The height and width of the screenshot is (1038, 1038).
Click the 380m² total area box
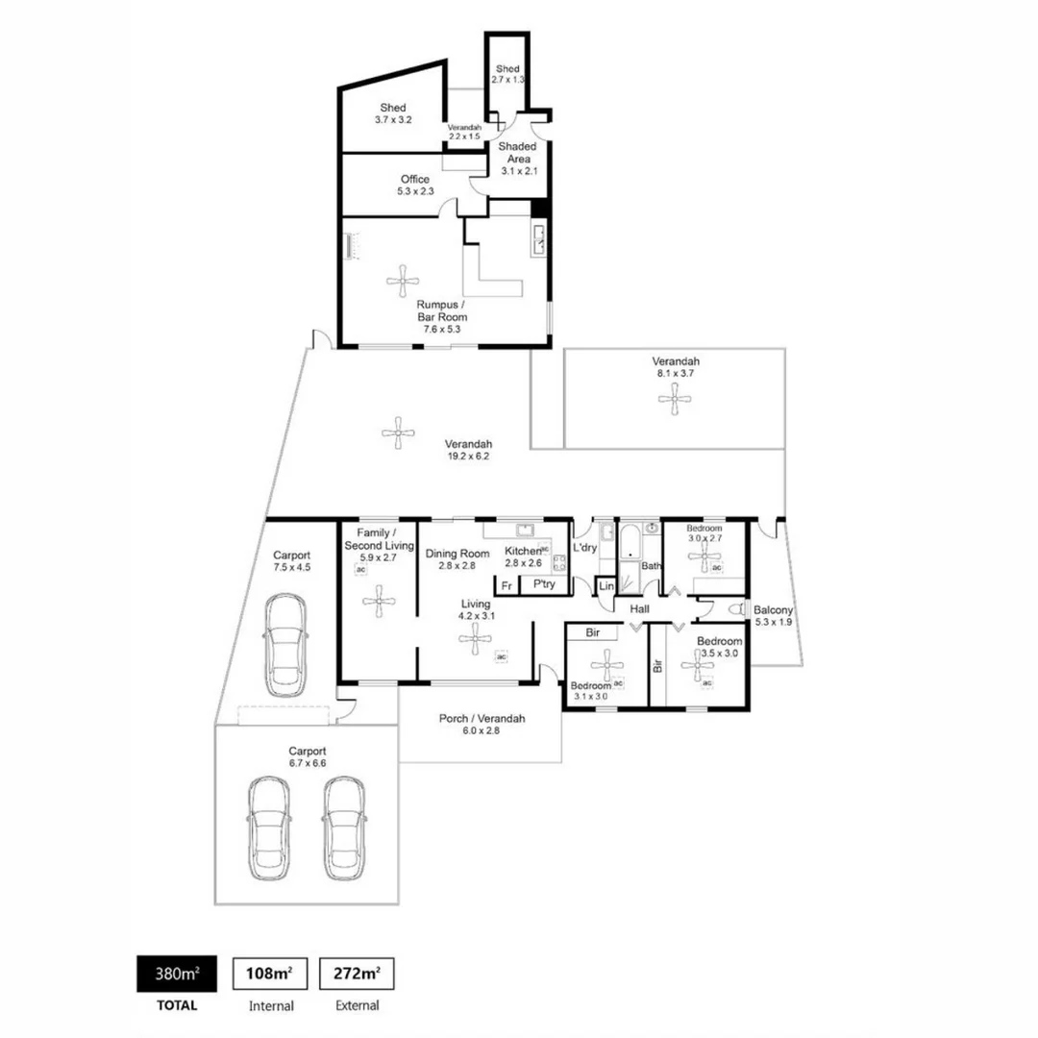coord(177,974)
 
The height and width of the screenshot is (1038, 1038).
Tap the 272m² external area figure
coord(357,974)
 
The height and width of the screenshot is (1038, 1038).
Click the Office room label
coord(415,180)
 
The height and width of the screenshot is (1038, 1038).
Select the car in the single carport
coord(285,644)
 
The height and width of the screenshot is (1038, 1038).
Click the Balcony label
coord(773,609)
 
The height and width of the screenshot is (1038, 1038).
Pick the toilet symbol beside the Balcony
coord(738,609)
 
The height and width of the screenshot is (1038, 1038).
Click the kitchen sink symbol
coord(525,530)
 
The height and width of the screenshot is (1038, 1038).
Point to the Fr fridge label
coord(506,584)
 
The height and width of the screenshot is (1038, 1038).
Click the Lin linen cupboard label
coord(605,586)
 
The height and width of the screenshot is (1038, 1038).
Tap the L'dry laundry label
coord(584,548)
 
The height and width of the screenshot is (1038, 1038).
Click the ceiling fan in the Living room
coord(473,637)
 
